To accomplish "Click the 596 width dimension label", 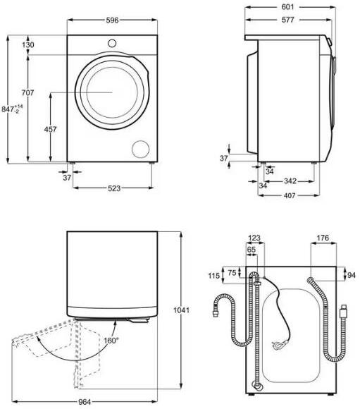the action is [x=112, y=20].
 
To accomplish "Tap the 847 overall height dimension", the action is [x=12, y=109].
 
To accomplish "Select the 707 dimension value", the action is [x=27, y=92].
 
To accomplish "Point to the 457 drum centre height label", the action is [x=50, y=129].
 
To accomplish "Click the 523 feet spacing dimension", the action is [x=114, y=188].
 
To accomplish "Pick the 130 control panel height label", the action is [x=27, y=45].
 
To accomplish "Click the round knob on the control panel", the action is [x=112, y=43].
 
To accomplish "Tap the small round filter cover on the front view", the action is [x=141, y=149].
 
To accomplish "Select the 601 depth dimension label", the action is [x=287, y=7].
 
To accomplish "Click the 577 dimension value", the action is [x=287, y=20].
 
